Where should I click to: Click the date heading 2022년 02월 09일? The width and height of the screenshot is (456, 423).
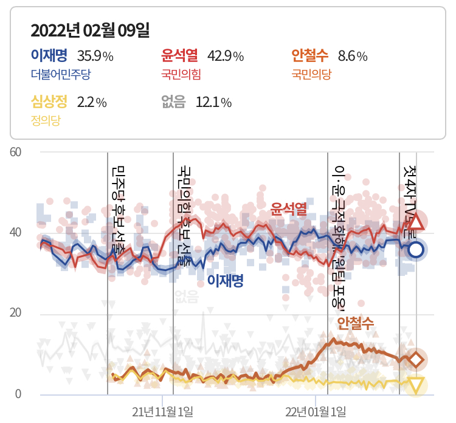(x=90, y=30)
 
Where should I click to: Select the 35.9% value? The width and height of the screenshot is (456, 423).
(x=95, y=57)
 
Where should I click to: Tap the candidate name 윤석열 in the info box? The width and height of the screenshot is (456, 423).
(x=179, y=57)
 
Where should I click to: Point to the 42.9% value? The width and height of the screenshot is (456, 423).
(x=226, y=57)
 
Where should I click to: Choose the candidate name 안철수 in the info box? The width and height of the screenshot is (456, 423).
(x=309, y=57)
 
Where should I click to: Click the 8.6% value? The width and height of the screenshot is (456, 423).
(x=353, y=57)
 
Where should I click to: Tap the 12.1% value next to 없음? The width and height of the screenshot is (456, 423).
(x=213, y=102)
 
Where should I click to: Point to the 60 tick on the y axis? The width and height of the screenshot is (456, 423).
(x=16, y=152)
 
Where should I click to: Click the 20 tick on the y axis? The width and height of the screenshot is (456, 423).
(x=16, y=314)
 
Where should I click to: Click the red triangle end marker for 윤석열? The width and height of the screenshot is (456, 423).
(x=415, y=222)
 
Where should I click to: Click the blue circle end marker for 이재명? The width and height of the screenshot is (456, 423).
(x=416, y=249)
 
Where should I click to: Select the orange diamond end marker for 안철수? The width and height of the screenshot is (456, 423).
(x=416, y=360)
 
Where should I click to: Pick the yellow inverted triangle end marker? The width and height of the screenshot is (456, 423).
(x=416, y=385)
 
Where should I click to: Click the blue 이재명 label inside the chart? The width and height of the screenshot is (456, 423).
(x=225, y=281)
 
